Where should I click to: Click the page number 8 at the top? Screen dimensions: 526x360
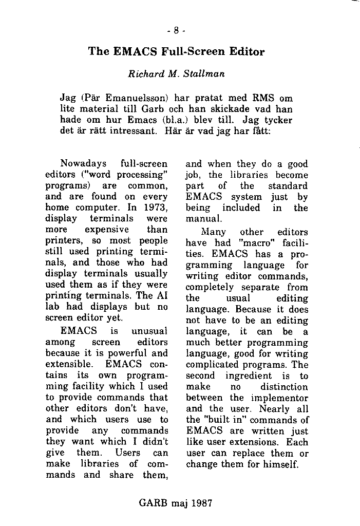(x=176, y=30)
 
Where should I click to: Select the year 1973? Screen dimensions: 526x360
(x=156, y=208)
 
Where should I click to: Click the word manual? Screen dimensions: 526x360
(x=201, y=219)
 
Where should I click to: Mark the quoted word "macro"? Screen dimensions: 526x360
(x=252, y=243)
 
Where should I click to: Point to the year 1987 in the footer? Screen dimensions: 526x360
(x=201, y=503)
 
